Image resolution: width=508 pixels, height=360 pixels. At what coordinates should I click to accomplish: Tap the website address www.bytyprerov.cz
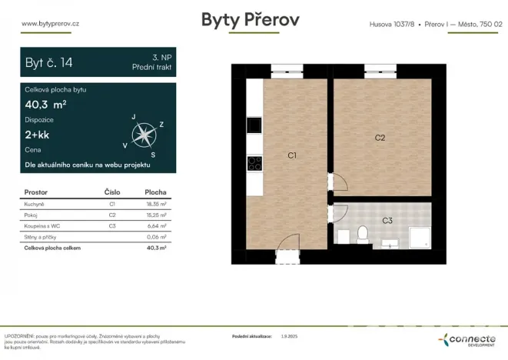(52, 24)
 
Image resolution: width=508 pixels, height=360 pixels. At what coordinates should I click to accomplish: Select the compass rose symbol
(142, 135)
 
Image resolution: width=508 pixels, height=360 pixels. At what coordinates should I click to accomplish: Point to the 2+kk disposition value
(37, 135)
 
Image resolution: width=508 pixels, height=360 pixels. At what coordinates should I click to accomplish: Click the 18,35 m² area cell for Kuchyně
(156, 205)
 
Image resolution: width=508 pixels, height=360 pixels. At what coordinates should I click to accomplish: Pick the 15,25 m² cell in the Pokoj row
(156, 215)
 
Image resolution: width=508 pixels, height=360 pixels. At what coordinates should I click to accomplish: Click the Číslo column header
(112, 192)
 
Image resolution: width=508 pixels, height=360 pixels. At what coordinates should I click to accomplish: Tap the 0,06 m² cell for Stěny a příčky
(156, 237)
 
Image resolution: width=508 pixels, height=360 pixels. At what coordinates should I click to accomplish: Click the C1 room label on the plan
(292, 156)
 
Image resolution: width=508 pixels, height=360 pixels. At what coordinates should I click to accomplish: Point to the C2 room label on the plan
(380, 138)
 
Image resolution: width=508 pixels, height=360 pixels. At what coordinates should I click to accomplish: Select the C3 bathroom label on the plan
(387, 221)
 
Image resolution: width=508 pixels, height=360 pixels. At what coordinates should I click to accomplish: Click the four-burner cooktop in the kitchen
(254, 162)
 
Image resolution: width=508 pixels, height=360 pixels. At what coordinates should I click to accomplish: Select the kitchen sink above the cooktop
(254, 125)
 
